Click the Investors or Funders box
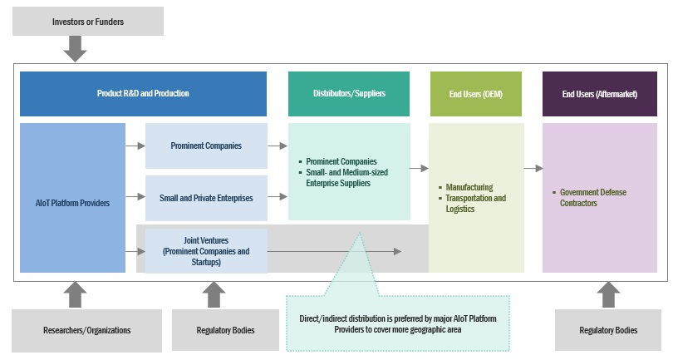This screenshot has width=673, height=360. tap(88, 22)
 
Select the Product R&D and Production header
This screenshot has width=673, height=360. tap(143, 94)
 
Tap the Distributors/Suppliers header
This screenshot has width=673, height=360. tap(349, 94)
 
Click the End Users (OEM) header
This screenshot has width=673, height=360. tap(476, 94)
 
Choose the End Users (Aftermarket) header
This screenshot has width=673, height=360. tap(599, 94)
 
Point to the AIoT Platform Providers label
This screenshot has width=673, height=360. tap(72, 202)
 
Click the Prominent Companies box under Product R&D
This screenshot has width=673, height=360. tap(206, 145)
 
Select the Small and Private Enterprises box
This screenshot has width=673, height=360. tap(206, 198)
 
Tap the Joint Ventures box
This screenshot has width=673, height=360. tap(206, 250)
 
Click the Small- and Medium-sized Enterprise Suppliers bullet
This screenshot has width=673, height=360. tap(358, 177)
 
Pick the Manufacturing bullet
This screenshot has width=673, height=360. tap(469, 188)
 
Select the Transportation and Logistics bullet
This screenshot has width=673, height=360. tap(475, 204)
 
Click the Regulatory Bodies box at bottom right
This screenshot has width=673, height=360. tap(608, 330)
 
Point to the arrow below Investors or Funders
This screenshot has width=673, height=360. tap(76, 49)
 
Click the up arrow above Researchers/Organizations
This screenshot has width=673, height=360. tap(76, 294)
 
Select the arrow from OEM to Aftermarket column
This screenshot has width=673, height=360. tap(533, 169)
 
